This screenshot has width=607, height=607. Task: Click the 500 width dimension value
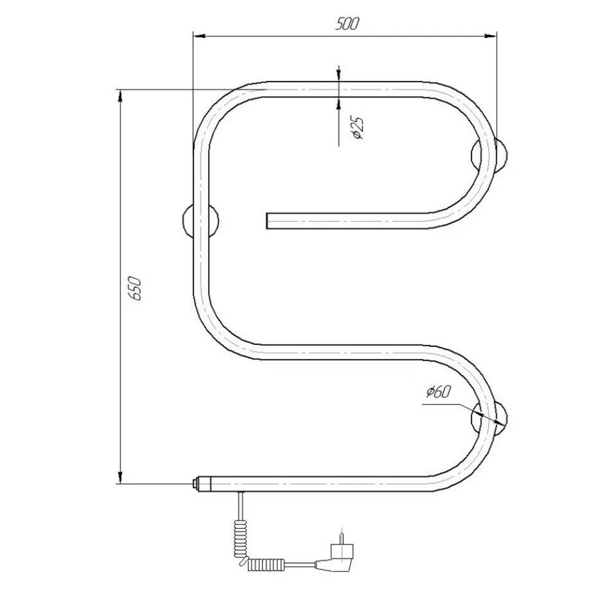(x=347, y=24)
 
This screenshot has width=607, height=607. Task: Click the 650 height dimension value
(x=136, y=288)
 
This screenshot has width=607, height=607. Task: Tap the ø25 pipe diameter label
(x=357, y=127)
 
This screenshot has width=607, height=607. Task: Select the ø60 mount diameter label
(x=439, y=392)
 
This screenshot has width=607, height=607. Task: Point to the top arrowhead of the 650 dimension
(x=120, y=96)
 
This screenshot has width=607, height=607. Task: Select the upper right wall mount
(x=489, y=154)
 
